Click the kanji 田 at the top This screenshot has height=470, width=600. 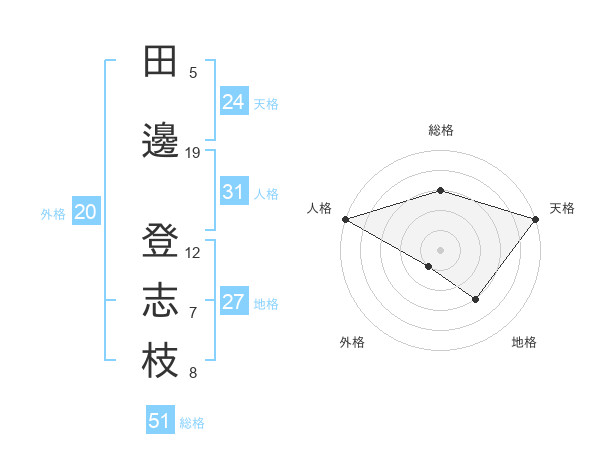coord(161,62)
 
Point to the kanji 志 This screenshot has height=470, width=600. coord(161,301)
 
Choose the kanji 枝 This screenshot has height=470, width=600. coord(161,361)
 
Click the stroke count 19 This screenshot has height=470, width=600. coord(193,153)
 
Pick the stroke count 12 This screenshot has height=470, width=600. coord(193,253)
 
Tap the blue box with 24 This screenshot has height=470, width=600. coord(234,101)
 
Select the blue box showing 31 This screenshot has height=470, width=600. coord(234,192)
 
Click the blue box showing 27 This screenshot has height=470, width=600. coord(234,302)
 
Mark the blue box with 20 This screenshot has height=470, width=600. coord(86,212)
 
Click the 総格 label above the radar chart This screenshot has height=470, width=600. coord(441,130)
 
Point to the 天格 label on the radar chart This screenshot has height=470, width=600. coord(563,208)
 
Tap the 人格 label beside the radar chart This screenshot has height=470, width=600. coord(319,208)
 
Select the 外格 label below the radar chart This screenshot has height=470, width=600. coord(352,343)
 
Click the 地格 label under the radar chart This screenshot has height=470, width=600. coord(524,343)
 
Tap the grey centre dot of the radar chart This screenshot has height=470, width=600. coord(440,248)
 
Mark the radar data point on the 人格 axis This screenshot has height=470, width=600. coord(345,218)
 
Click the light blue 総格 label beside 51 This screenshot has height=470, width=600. coord(192,423)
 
